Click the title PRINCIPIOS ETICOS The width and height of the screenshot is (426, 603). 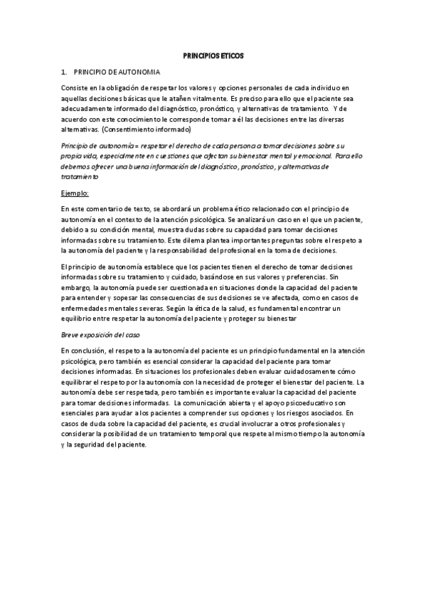pyautogui.click(x=213, y=55)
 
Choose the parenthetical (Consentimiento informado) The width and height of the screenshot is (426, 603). pyautogui.click(x=147, y=132)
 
